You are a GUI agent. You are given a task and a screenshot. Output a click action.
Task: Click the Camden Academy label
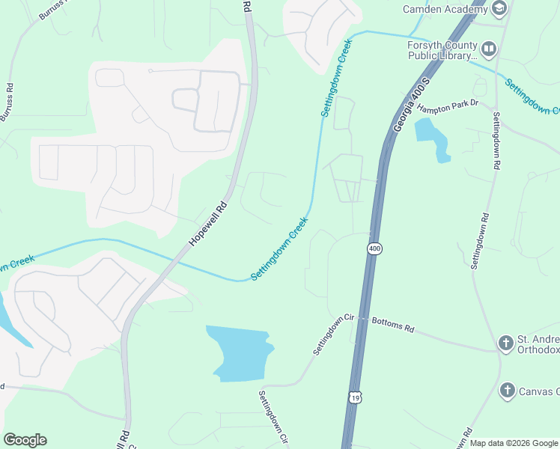coord(445,9)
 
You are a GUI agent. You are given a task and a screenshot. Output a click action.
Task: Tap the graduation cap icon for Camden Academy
coord(499,8)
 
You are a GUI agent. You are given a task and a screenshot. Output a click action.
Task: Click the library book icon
coord(489,50)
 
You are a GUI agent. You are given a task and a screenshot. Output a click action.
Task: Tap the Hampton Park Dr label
coord(448,108)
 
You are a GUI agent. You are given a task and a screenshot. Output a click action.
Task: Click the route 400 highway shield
coord(374,248)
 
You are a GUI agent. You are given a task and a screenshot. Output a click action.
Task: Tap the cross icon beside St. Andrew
coord(506,343)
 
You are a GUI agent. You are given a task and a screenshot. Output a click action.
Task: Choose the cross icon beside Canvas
coord(507,390)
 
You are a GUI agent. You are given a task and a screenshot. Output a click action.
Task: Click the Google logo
coord(25,440)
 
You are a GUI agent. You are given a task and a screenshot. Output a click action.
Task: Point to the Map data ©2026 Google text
coord(514,443)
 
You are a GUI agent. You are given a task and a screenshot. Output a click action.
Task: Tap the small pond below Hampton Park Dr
coord(432,138)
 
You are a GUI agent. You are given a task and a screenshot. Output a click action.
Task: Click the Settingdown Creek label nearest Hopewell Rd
coord(280,249)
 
